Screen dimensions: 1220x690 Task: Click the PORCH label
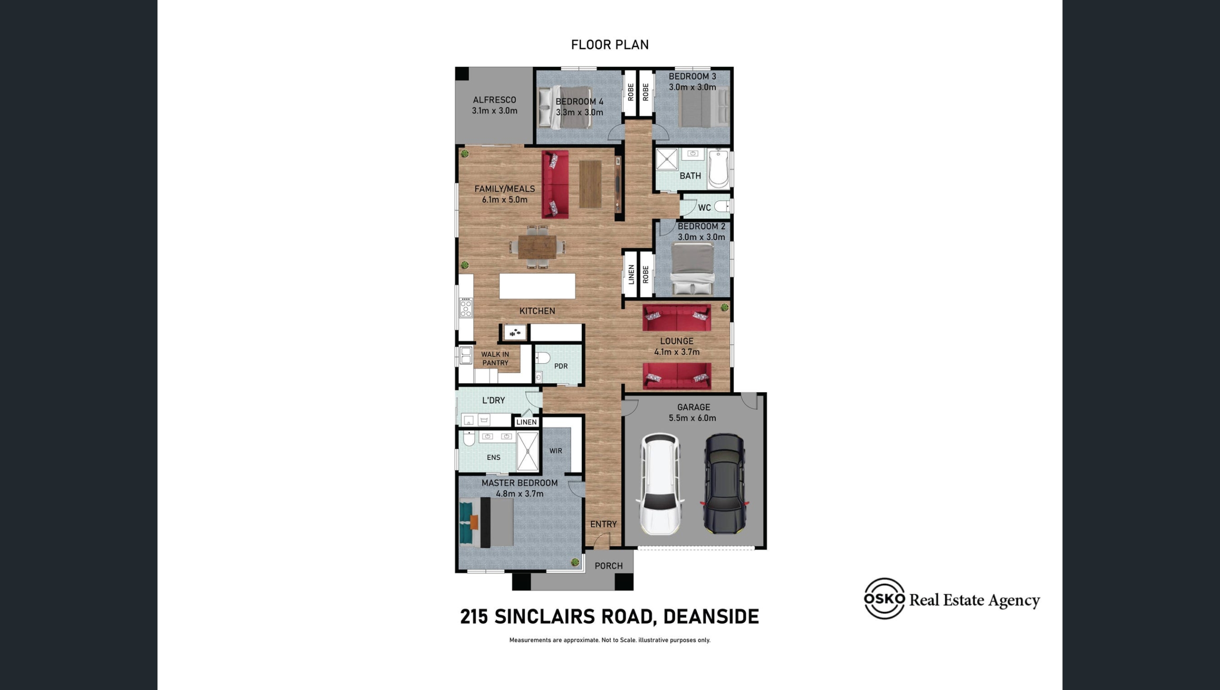(x=609, y=566)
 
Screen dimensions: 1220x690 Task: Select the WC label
(x=704, y=207)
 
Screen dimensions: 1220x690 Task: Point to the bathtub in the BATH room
(x=718, y=168)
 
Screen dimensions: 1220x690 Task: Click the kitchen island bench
(x=537, y=286)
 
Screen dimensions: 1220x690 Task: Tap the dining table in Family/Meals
(x=537, y=247)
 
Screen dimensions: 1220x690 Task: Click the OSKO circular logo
(x=884, y=599)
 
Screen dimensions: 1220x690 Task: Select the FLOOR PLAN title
(x=610, y=45)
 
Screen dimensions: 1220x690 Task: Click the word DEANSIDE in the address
(x=711, y=617)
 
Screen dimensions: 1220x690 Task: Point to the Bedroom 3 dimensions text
(x=692, y=87)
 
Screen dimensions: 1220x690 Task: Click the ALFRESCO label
(x=494, y=100)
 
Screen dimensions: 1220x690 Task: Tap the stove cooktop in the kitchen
(x=466, y=308)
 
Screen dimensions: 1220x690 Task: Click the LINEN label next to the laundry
(x=527, y=422)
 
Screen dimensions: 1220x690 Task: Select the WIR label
(x=556, y=451)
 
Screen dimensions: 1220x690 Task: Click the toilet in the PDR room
(x=542, y=357)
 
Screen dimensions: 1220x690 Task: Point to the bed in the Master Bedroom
(x=486, y=522)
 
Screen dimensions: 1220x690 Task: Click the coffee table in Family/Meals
(x=590, y=184)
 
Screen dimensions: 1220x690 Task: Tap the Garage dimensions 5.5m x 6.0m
(x=692, y=418)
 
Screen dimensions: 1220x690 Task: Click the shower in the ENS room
(x=528, y=451)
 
